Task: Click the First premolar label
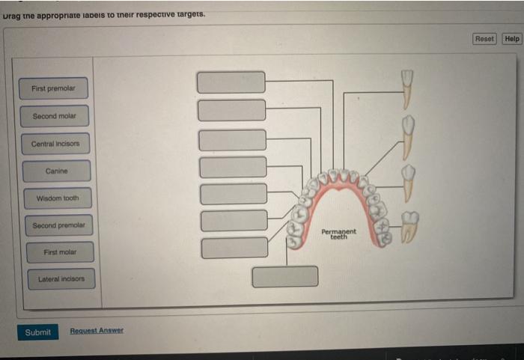click(x=53, y=88)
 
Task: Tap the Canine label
click(x=56, y=171)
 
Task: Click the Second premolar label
click(x=58, y=225)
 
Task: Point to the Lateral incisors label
click(x=61, y=279)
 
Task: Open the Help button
click(x=512, y=39)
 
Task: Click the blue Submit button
click(x=37, y=332)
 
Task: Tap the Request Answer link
click(x=97, y=331)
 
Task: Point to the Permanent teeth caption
click(x=339, y=234)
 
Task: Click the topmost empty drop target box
click(x=231, y=82)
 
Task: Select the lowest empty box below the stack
click(x=284, y=276)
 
